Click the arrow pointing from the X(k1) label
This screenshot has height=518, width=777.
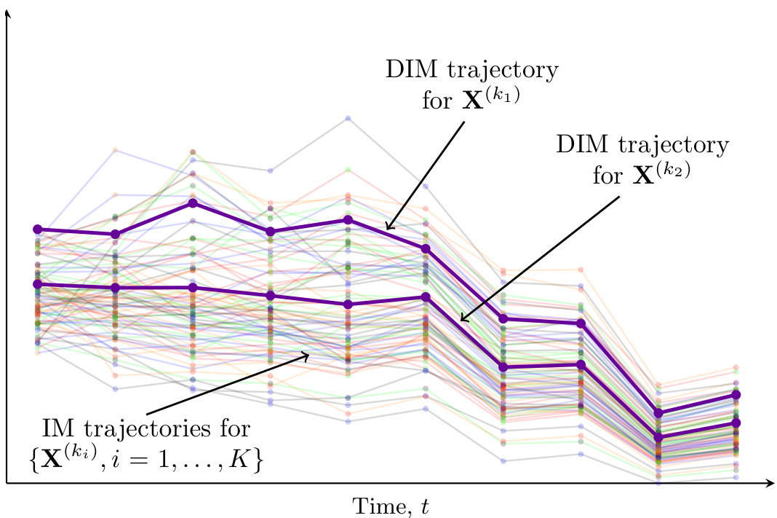[x=425, y=176]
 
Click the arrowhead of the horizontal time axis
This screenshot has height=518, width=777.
[x=770, y=482]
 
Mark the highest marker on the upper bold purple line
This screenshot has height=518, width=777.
[x=193, y=203]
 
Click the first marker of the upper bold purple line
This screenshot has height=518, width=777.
[x=38, y=229]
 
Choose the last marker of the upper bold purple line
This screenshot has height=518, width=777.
[x=736, y=394]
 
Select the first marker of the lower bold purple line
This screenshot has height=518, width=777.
[x=38, y=284]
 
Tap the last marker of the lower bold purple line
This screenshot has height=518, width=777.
[x=736, y=423]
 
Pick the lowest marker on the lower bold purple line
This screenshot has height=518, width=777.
[x=658, y=438]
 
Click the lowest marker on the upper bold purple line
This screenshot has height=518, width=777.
[x=658, y=413]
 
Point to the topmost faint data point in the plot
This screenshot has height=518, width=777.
[x=348, y=118]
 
